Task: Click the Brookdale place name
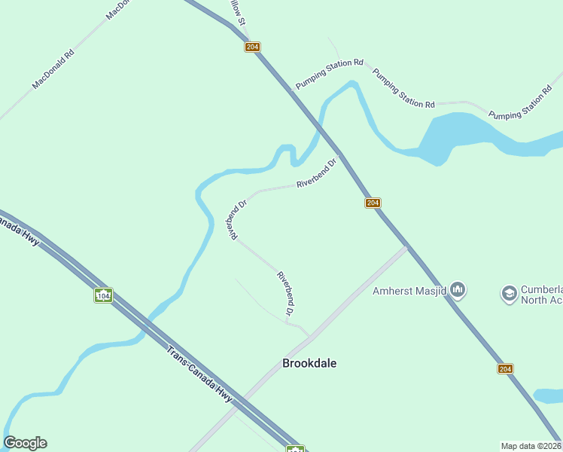click(309, 363)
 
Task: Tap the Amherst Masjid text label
click(410, 291)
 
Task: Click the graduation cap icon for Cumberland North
click(510, 292)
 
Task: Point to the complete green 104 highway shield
click(103, 295)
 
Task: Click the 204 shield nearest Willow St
click(252, 47)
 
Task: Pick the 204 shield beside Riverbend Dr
click(373, 203)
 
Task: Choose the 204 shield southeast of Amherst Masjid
click(505, 368)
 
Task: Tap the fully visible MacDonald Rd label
click(53, 69)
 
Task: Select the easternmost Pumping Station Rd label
click(526, 104)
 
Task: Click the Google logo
click(25, 443)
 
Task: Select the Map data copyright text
click(531, 446)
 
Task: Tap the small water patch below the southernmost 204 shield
click(548, 395)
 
